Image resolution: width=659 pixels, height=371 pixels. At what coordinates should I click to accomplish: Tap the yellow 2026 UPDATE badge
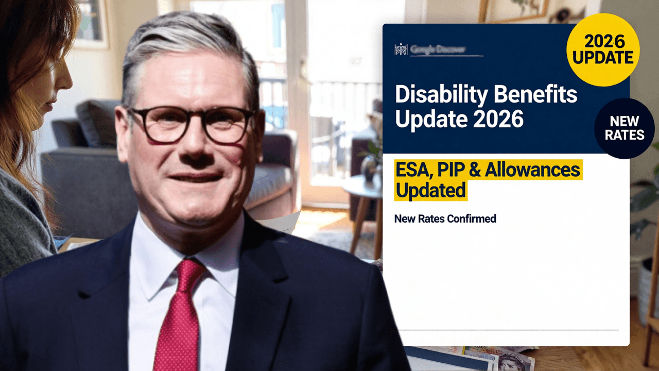click(603, 49)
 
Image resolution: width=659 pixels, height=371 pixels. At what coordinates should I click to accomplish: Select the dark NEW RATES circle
click(624, 128)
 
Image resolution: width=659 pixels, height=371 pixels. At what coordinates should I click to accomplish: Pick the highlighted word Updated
click(430, 190)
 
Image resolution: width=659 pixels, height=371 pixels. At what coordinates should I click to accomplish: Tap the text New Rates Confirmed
click(445, 218)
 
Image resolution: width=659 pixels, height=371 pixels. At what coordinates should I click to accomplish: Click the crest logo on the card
click(401, 49)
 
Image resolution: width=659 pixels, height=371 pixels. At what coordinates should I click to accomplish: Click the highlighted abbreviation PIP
click(451, 170)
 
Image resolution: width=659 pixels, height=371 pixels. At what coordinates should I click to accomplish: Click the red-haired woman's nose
click(68, 82)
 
